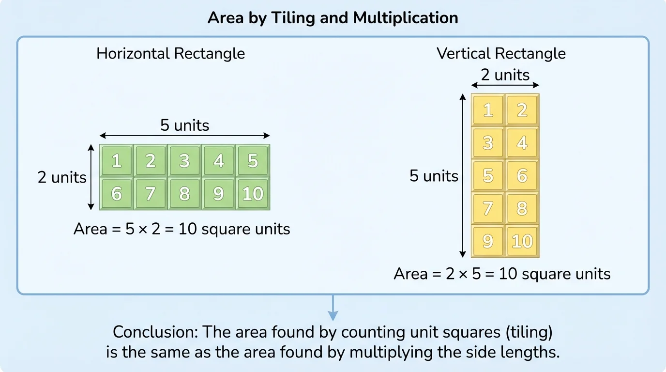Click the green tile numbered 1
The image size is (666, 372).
pos(117,160)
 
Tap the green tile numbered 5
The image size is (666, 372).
pos(253,160)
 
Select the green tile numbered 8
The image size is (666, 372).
pos(184,194)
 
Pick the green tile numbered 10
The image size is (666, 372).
pos(253,194)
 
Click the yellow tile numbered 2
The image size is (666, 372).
pos(522,110)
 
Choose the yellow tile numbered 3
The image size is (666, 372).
pos(488,143)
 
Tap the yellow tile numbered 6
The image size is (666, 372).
pos(522,175)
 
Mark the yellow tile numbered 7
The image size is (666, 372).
pos(488,208)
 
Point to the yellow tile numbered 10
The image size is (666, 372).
pos(522,241)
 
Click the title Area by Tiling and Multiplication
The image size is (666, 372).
pos(333,18)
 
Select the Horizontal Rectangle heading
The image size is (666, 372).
pos(170,53)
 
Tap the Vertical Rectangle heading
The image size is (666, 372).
pos(501,53)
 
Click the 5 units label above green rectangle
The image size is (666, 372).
pos(185,125)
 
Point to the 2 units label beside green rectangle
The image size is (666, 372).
pos(62,177)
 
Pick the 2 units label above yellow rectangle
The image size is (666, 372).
pos(505,75)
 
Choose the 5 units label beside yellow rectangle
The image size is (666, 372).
pos(434,175)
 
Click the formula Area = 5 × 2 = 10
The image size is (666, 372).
pos(182,229)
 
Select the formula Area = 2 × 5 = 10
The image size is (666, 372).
pos(502,274)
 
